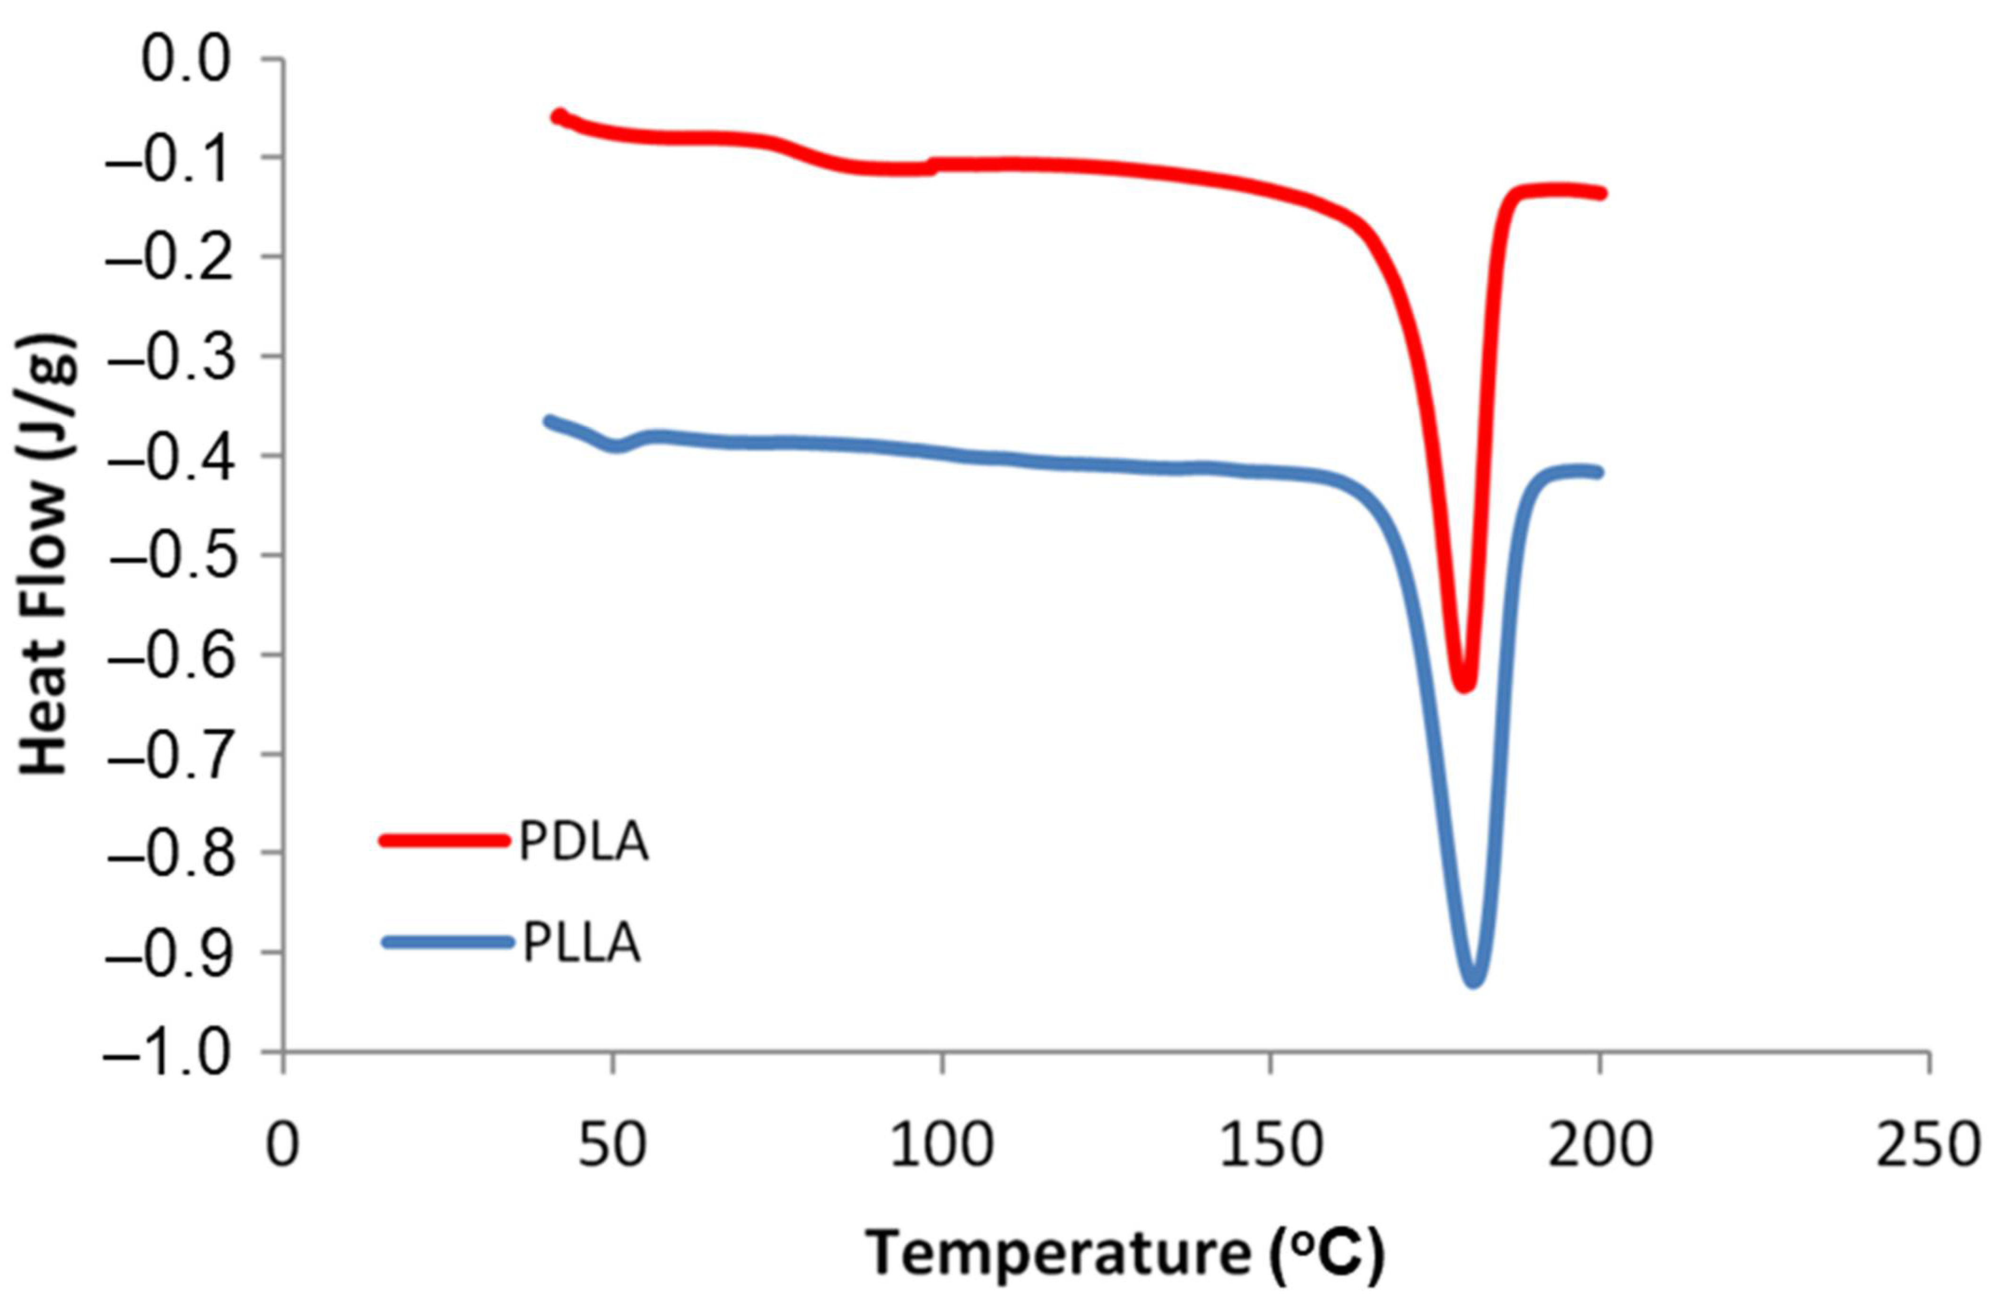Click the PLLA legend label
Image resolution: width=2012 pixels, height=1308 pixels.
(x=582, y=943)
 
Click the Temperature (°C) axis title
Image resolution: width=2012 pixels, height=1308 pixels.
(x=1124, y=1254)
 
